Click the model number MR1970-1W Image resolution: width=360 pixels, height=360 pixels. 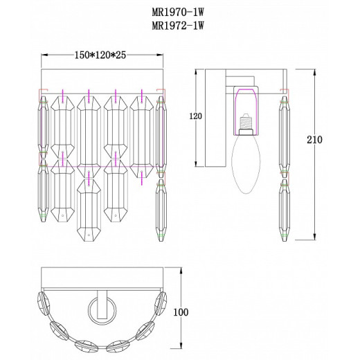pyautogui.click(x=178, y=12)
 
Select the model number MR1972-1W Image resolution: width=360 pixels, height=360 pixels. pyautogui.click(x=178, y=26)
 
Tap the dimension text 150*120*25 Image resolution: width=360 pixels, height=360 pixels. pyautogui.click(x=100, y=55)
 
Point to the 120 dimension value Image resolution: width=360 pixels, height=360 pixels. pyautogui.click(x=195, y=116)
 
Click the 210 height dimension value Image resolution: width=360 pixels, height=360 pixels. pyautogui.click(x=314, y=140)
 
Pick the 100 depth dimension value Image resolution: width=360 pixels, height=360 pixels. pyautogui.click(x=181, y=312)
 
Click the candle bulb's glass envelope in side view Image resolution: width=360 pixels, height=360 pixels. pyautogui.click(x=246, y=164)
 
